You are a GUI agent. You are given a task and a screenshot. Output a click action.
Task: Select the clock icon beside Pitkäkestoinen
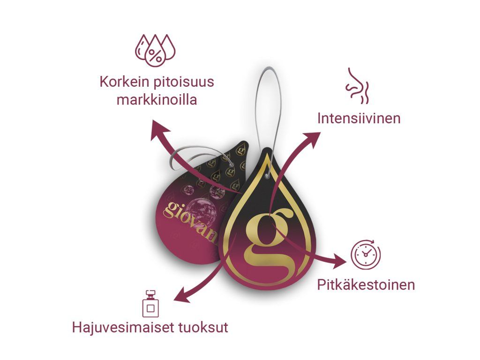(x=366, y=255)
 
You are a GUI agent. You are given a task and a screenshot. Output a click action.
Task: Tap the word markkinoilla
(x=157, y=100)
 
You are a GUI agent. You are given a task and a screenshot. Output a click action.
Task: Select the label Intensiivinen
(x=359, y=118)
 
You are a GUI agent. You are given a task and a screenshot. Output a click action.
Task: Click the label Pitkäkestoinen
(x=366, y=285)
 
